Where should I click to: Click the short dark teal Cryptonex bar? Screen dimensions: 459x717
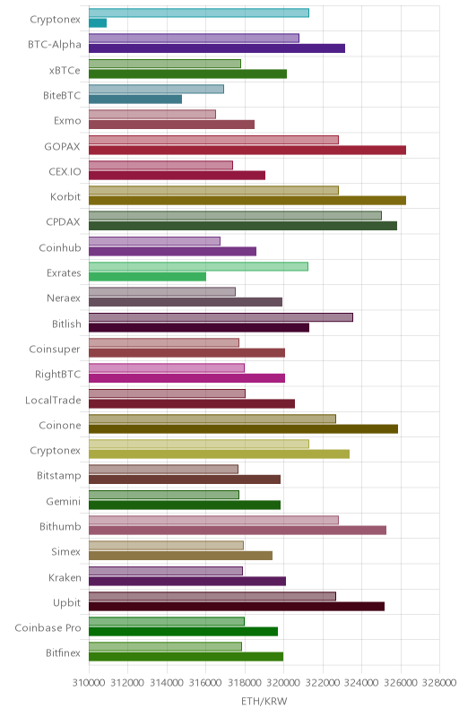coord(98,23)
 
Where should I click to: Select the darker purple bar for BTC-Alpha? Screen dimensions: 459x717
coord(217,48)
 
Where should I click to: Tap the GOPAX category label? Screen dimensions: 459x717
coord(62,147)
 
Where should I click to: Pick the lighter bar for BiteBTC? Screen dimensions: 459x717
coord(156,89)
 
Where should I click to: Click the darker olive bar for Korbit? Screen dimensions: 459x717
coord(247,200)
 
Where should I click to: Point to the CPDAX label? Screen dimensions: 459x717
coord(63,222)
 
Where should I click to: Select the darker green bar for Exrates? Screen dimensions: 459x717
coord(147,277)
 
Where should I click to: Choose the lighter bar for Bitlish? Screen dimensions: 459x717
coord(221,317)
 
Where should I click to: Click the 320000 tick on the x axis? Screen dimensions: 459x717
coord(283,683)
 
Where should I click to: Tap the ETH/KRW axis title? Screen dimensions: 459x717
coord(264,702)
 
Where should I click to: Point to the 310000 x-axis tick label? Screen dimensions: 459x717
coord(89,683)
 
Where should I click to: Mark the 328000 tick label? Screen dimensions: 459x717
coord(439,683)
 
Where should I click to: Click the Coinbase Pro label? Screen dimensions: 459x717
coord(48,628)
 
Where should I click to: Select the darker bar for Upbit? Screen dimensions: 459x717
coord(237,607)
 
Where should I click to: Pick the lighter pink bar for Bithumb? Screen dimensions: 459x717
coord(213,521)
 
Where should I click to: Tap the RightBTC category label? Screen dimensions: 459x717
coord(57,375)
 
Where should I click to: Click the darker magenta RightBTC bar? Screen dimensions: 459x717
coord(187,378)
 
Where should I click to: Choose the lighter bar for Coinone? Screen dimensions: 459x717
coord(212,419)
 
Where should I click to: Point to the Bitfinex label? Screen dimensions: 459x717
coord(63,653)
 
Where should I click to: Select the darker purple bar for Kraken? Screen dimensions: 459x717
coord(187,581)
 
